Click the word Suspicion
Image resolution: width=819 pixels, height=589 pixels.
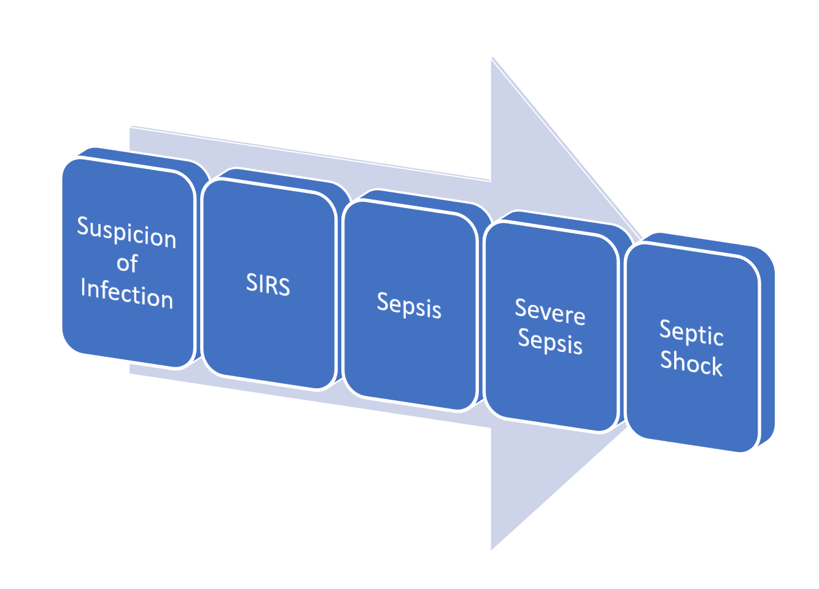tap(126, 232)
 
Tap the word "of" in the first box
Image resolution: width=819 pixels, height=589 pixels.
tap(127, 263)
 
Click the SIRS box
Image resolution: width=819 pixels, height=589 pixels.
tap(268, 284)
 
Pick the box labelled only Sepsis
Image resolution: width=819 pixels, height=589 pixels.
tap(409, 305)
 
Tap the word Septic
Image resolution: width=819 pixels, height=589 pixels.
tap(691, 333)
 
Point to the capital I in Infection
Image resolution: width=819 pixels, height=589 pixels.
tap(83, 287)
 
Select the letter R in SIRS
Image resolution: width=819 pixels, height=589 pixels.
tap(272, 284)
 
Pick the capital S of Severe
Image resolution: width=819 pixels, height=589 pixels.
tap(521, 307)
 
